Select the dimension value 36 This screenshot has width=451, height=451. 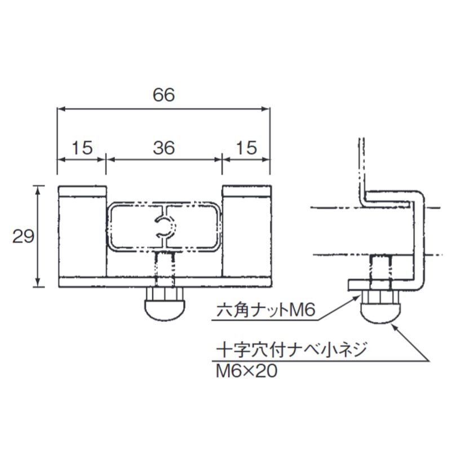(163, 148)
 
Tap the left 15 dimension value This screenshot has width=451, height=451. (82, 148)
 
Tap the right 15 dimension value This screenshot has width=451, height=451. (246, 148)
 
